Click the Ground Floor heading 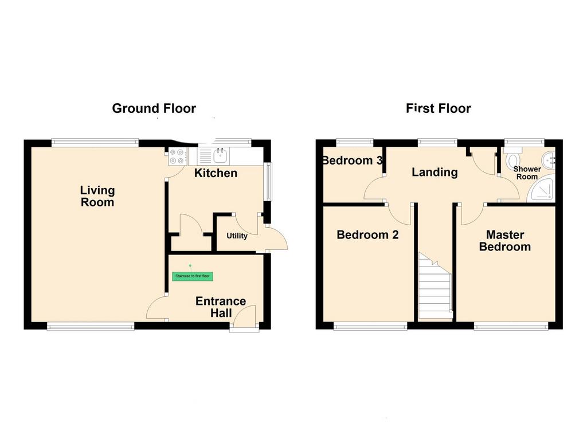pyautogui.click(x=154, y=108)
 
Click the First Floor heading pyautogui.click(x=439, y=108)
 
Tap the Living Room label pyautogui.click(x=97, y=196)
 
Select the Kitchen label pyautogui.click(x=216, y=173)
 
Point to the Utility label pyautogui.click(x=237, y=236)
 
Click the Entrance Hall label pyautogui.click(x=221, y=307)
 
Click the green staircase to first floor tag pyautogui.click(x=193, y=276)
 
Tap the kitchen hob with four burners pyautogui.click(x=178, y=156)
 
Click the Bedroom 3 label pyautogui.click(x=353, y=160)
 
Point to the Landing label pyautogui.click(x=435, y=172)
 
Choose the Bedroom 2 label pyautogui.click(x=367, y=234)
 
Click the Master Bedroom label pyautogui.click(x=505, y=241)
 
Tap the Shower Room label pyautogui.click(x=527, y=173)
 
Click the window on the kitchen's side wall pyautogui.click(x=268, y=181)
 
